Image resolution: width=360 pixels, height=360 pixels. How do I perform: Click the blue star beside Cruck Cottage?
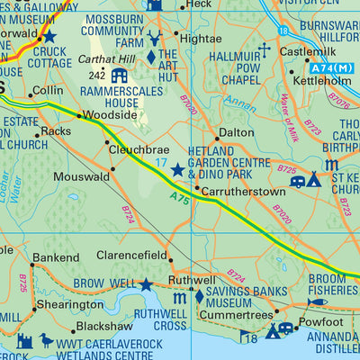coord(49,37)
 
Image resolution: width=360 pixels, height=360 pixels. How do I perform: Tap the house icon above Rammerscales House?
coord(119,75)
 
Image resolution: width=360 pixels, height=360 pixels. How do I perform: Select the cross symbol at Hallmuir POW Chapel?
coord(265,49)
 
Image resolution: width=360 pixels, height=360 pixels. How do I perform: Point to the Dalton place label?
coord(238,131)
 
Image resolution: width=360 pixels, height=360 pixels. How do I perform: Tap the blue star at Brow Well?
coord(146,284)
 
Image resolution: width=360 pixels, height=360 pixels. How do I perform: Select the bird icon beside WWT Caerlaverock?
coord(46,341)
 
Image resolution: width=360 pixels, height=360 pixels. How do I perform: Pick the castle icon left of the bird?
coord(24,342)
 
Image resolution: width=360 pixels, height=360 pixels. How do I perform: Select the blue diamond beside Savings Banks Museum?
coord(199,296)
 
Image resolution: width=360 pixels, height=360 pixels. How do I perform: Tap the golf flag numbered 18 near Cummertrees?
coord(248,337)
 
